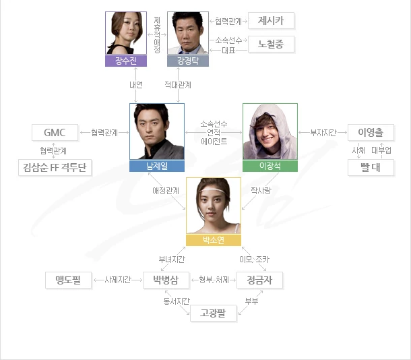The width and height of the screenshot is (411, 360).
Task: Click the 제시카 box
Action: [x=271, y=21]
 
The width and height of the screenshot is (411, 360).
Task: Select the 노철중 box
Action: [x=271, y=45]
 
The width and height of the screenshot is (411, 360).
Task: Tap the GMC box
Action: [x=55, y=132]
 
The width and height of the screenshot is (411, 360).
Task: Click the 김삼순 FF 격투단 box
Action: [x=55, y=167]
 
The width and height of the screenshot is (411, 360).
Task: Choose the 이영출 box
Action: [x=371, y=132]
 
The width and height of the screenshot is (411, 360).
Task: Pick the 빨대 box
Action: [x=371, y=167]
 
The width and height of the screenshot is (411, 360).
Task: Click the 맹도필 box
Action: [x=68, y=279]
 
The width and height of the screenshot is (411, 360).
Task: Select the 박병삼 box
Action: [x=166, y=279]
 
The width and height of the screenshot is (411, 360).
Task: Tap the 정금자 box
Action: [x=259, y=279]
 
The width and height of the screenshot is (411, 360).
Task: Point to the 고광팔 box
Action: [x=208, y=312]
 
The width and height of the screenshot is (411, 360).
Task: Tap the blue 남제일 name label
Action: [x=157, y=165]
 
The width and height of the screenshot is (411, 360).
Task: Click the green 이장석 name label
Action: [x=270, y=165]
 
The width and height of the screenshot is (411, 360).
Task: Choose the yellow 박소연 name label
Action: [x=213, y=239]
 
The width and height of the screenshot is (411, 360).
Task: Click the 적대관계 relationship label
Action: [x=178, y=85]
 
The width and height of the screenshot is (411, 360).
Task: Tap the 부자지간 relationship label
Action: [x=322, y=132]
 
